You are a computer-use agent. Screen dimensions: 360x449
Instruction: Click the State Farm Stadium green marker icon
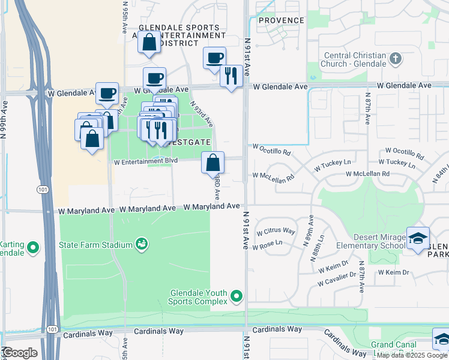point(142,244)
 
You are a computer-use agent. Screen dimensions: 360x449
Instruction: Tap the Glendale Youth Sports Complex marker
point(237,296)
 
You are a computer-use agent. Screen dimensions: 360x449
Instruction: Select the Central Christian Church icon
point(395,58)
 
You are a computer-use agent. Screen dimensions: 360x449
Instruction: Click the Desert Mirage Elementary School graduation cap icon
point(417,238)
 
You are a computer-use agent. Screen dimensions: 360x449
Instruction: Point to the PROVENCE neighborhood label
point(282,20)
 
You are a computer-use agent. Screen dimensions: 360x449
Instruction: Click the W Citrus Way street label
point(276,232)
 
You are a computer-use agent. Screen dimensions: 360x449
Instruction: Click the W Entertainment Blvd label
point(146,161)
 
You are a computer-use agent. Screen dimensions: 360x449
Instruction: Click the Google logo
point(19,353)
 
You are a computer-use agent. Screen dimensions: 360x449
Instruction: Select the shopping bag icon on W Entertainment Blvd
point(212,162)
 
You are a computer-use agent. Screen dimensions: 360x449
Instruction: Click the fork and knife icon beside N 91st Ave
point(231,76)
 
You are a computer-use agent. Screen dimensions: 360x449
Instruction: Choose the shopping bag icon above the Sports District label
point(149,43)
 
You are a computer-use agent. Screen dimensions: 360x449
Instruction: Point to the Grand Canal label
point(390,345)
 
